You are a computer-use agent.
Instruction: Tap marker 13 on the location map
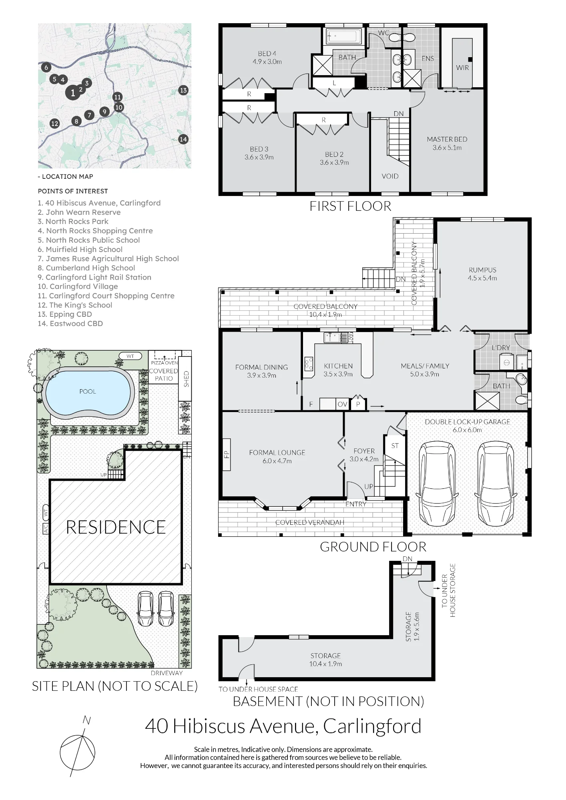pyautogui.click(x=183, y=90)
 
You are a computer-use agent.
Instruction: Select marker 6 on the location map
pyautogui.click(x=46, y=68)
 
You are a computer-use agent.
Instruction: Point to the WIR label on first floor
pyautogui.click(x=462, y=68)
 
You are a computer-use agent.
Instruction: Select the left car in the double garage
pyautogui.click(x=437, y=484)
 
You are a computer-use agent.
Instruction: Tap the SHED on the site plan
pyautogui.click(x=186, y=379)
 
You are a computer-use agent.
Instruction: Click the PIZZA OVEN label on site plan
pyautogui.click(x=164, y=363)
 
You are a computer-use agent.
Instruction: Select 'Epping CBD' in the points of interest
pyautogui.click(x=65, y=314)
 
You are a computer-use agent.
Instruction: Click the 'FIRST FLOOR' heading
pyautogui.click(x=350, y=206)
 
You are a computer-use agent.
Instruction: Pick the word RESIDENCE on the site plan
pyautogui.click(x=116, y=527)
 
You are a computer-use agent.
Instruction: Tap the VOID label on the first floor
pyautogui.click(x=390, y=176)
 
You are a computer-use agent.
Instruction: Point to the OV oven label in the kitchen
pyautogui.click(x=342, y=404)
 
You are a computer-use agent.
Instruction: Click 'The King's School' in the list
pyautogui.click(x=75, y=305)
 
